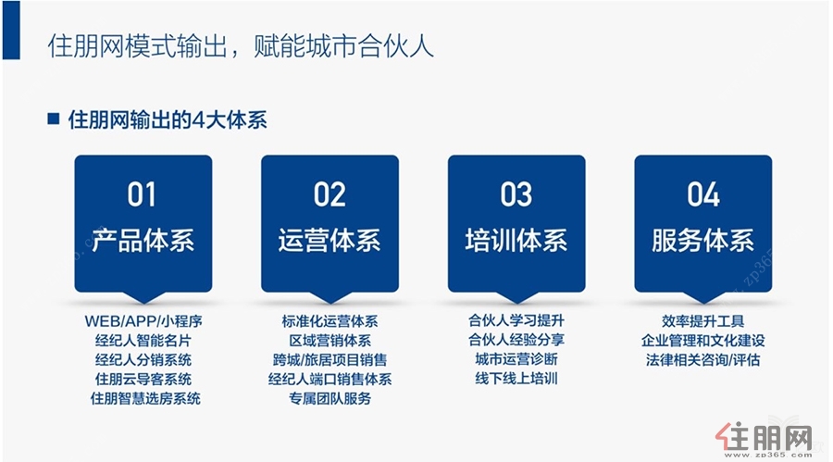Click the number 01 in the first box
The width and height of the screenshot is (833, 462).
coord(142,194)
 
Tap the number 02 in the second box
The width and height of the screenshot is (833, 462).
coord(329,194)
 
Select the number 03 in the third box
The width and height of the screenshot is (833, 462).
coord(516,194)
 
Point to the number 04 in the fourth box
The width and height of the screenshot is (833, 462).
coord(703,194)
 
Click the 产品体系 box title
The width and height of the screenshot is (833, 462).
coord(143,241)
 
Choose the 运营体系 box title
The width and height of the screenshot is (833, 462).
coord(329,241)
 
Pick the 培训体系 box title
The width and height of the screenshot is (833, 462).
coord(516,241)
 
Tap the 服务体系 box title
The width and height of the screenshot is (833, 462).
coord(702,241)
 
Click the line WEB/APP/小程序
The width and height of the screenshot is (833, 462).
coord(143,321)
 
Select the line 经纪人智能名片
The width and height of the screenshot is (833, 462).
coord(143,341)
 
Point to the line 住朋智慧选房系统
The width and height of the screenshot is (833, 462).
coord(145,398)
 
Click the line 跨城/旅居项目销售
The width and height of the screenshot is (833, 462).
coord(329,360)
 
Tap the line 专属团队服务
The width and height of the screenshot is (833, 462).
coord(329,398)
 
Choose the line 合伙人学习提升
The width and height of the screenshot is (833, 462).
coord(516,320)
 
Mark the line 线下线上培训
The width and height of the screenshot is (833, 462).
coord(516,379)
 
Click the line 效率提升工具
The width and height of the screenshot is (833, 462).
coord(702,321)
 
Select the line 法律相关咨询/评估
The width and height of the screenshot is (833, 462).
coord(702,360)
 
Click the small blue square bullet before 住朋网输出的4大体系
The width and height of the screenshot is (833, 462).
coord(53,118)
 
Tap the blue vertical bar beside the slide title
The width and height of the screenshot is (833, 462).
coord(11,30)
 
